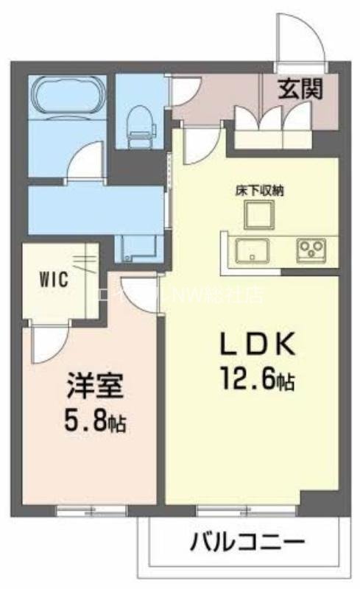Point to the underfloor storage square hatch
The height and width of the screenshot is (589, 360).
coord(259,215)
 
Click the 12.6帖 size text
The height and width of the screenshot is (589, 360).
coord(256,380)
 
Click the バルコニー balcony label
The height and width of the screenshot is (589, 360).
coord(247,546)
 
